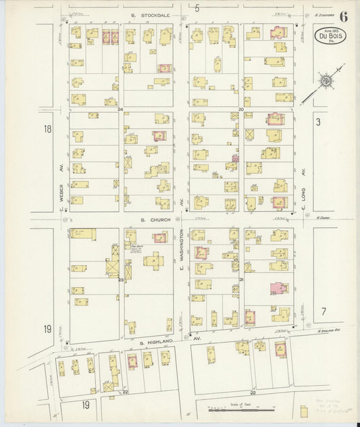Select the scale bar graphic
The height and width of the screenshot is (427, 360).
[x=242, y=409]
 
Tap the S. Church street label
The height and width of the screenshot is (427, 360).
[x=153, y=219]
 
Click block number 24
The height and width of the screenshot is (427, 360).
[x=120, y=109]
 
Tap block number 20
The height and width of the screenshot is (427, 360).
[x=240, y=109]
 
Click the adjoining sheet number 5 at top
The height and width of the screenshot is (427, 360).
[x=197, y=8]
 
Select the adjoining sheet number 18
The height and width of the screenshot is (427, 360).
[x=47, y=128]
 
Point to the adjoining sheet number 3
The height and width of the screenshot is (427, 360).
[x=317, y=122]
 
